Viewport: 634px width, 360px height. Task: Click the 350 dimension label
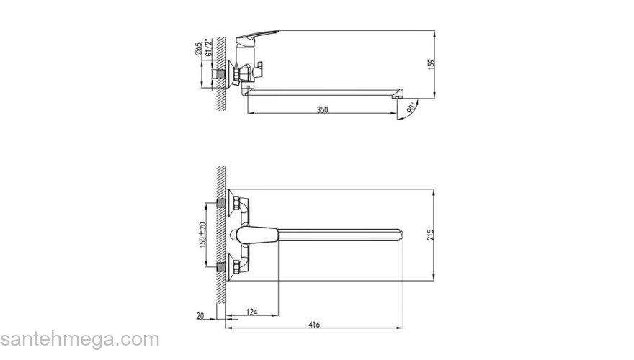coord(322,109)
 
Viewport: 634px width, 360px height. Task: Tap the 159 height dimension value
coord(431,65)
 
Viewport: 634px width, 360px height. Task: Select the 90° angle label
coord(411,107)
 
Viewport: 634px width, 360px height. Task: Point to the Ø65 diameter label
coord(198,48)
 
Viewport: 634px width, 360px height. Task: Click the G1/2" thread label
coord(208,48)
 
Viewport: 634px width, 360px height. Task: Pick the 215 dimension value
coord(431,235)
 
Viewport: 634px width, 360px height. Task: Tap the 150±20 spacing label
coord(203,235)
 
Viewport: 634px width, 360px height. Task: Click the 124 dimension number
coord(251,312)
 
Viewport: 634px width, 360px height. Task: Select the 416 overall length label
coord(314,325)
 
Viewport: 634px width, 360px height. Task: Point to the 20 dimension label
coord(200,316)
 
